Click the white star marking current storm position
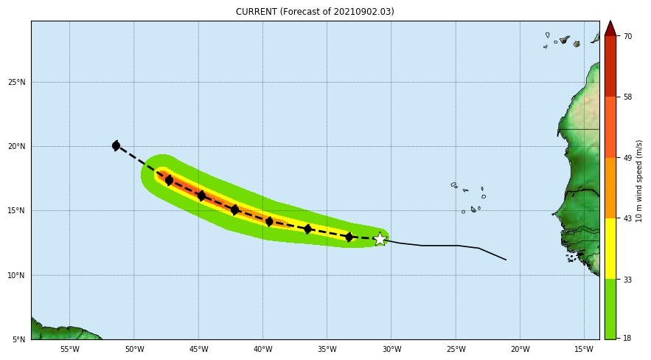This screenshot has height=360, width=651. point(380,238)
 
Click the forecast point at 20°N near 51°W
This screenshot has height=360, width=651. point(116,145)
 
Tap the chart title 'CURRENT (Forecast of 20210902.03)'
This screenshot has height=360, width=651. point(315,12)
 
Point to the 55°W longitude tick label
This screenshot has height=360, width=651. point(69,350)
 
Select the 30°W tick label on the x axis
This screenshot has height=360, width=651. point(391,350)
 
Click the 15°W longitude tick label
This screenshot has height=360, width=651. point(584,350)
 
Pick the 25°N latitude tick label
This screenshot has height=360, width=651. point(17,82)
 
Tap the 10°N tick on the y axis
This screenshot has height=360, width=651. point(17,275)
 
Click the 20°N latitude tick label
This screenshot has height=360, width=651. point(17,146)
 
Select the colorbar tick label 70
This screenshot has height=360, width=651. point(627,36)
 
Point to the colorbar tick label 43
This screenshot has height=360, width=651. point(627,218)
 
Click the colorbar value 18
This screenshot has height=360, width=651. point(627,338)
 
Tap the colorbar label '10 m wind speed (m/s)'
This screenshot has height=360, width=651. point(639,181)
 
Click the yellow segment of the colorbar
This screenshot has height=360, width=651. point(610,248)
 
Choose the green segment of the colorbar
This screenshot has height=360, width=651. point(610,308)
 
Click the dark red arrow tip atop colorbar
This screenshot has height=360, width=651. point(610,28)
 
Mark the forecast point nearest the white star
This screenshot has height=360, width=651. point(349,237)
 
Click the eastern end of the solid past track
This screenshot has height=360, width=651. point(506,260)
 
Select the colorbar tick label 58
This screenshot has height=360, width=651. point(627,97)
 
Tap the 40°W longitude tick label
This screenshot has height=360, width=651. point(262,350)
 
